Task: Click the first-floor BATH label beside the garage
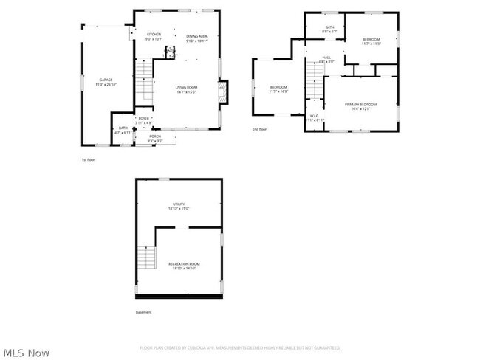pos(123,129)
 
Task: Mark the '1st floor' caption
pos(88,159)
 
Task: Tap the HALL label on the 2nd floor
pos(326,60)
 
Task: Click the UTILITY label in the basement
pos(179,205)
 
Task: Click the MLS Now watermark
pos(26,353)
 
